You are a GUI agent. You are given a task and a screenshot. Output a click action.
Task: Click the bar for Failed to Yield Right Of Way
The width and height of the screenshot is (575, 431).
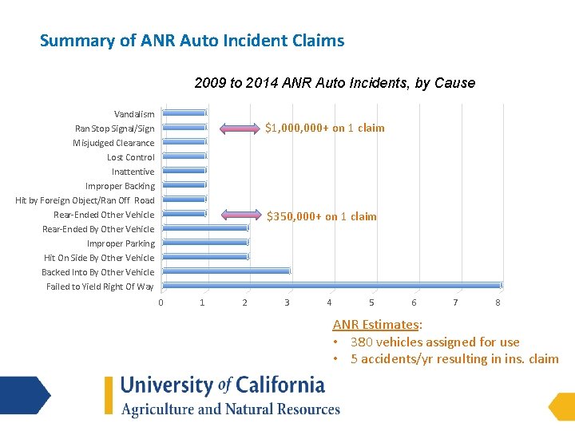(331, 285)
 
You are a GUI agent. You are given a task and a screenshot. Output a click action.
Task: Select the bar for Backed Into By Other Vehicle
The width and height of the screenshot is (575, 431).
(226, 271)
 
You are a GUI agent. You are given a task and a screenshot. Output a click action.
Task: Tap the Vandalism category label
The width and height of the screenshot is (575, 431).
(134, 114)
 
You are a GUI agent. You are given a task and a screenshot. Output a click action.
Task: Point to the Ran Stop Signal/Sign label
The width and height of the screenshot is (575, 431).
(115, 129)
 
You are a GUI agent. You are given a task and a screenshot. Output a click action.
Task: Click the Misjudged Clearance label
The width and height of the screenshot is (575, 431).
(113, 143)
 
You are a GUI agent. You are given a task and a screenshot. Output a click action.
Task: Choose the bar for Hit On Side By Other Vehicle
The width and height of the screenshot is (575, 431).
(205, 256)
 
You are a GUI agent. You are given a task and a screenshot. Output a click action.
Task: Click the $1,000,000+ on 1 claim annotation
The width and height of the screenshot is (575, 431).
(325, 128)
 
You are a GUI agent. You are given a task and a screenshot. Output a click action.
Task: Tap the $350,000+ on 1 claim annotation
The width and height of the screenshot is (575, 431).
(321, 216)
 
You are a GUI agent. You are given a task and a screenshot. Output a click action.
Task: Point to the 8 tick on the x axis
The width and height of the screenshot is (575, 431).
(498, 302)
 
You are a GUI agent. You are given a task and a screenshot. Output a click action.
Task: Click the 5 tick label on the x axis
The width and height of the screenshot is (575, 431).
(371, 302)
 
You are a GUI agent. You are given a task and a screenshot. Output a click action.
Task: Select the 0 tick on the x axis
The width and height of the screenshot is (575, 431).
(161, 302)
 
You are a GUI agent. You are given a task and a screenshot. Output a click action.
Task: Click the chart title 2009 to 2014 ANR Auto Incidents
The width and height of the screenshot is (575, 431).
(334, 83)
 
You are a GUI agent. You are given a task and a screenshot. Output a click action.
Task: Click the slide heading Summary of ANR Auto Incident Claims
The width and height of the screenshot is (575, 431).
(192, 40)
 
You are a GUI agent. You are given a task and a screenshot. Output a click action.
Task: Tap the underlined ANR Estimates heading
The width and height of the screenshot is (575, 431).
(377, 324)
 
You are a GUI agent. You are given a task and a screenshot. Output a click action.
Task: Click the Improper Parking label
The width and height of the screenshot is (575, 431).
(121, 243)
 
